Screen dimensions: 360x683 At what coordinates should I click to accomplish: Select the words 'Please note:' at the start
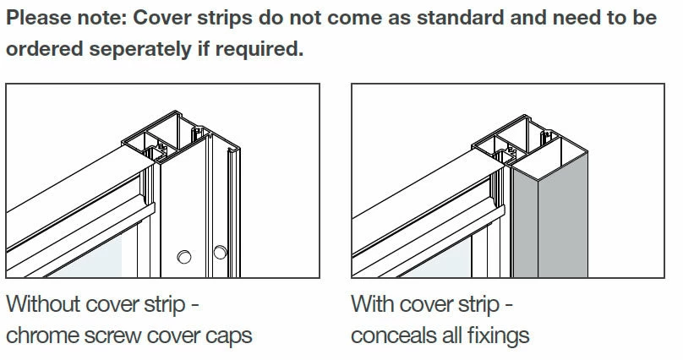[64, 18]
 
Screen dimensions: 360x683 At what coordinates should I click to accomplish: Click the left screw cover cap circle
[184, 255]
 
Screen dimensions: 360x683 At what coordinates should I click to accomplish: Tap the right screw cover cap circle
[220, 251]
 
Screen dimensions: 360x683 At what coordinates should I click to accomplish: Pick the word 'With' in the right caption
[372, 303]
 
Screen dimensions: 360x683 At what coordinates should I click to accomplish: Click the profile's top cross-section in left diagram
[169, 135]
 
